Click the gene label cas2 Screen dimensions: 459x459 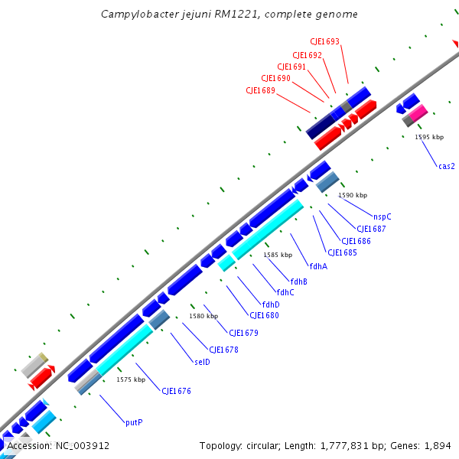[x=447, y=165]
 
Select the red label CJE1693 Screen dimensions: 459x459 [x=325, y=42]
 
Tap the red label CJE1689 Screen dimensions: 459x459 [x=260, y=90]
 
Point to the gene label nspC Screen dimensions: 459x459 [x=382, y=216]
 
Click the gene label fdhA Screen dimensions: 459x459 [x=318, y=267]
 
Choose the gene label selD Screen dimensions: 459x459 [x=202, y=362]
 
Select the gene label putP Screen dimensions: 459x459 [x=134, y=422]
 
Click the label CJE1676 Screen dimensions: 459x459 [x=176, y=391]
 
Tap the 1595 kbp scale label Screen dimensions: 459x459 [x=429, y=138]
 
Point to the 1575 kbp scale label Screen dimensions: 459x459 [x=130, y=379]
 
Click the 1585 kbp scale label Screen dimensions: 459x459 [x=278, y=255]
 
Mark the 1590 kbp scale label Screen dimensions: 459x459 [x=353, y=196]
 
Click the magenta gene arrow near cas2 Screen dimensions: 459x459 [x=417, y=113]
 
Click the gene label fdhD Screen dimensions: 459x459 [x=271, y=304]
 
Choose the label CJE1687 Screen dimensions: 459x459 [x=371, y=229]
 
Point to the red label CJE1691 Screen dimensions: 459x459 [x=291, y=67]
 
